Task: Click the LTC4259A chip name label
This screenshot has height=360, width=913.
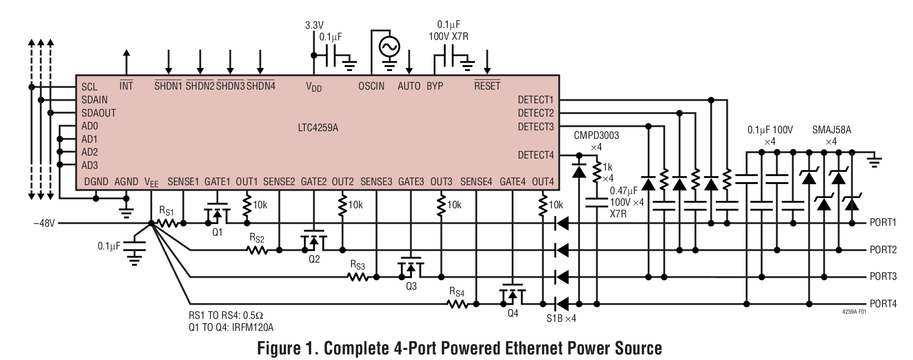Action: pos(318,128)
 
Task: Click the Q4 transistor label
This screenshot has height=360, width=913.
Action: pos(513,313)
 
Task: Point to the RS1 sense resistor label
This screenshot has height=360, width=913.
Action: pos(166,211)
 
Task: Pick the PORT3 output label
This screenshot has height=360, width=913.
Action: pos(883,276)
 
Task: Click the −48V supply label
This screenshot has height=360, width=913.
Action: pos(45,223)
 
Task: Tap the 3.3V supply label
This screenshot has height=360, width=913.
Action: pos(314,25)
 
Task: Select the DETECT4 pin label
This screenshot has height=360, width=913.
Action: pos(535,155)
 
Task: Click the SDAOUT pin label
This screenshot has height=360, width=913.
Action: pos(99,113)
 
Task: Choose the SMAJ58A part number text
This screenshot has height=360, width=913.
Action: pos(831,130)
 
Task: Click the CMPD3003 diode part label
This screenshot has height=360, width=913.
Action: pos(596,135)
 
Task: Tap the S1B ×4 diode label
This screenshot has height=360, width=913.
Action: pos(561,319)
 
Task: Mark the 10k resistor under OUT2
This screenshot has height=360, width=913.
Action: pos(342,205)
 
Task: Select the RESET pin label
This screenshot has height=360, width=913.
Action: pos(487,86)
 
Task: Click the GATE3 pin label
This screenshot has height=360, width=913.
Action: pos(411,182)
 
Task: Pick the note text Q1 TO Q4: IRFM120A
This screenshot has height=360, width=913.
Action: pos(231,328)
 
